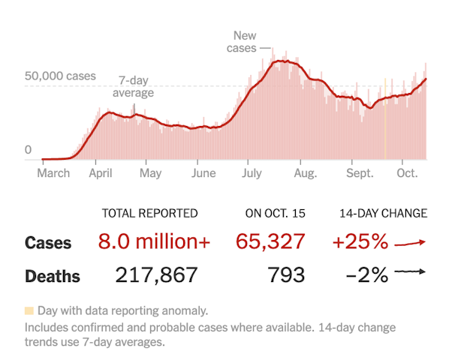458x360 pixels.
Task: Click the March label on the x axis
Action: click(53, 173)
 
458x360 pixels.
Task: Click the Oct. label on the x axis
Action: click(408, 173)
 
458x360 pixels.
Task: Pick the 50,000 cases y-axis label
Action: click(60, 76)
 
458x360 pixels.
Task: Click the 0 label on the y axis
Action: click(29, 150)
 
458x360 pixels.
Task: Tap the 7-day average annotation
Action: click(133, 87)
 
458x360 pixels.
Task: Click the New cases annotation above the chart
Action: click(244, 41)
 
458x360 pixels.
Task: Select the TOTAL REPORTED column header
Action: click(149, 214)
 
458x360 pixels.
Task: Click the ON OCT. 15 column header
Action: click(276, 214)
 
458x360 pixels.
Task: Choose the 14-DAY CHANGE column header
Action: click(383, 214)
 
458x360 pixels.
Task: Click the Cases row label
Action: click(48, 243)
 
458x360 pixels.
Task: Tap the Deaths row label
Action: click(53, 276)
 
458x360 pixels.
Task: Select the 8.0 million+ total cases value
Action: click(155, 242)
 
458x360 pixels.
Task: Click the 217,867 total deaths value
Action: click(156, 275)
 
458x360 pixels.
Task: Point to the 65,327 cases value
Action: click(270, 242)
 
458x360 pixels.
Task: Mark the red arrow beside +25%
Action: click(410, 242)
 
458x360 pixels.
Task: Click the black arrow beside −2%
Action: click(410, 274)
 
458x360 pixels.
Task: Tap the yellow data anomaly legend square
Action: click(29, 310)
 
